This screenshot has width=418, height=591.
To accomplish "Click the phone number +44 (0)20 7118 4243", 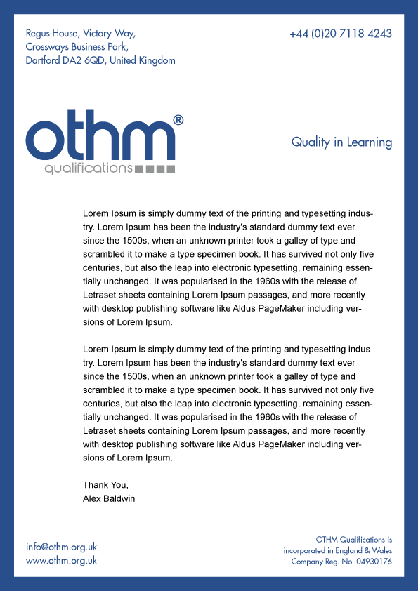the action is click(x=340, y=34).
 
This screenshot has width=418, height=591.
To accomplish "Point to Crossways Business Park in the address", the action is click(x=76, y=47).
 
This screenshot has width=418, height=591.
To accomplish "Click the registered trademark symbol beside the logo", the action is click(x=178, y=120).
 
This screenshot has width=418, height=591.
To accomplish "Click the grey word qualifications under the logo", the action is click(x=88, y=169).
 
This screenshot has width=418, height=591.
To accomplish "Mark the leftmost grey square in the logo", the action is click(x=139, y=169).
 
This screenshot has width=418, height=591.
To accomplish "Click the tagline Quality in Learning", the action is click(x=341, y=142).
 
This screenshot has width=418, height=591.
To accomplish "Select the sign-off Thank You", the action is click(x=105, y=485).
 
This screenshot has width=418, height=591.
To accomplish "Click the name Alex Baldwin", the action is click(x=109, y=498).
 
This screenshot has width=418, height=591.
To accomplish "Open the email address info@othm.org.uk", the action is click(x=61, y=547).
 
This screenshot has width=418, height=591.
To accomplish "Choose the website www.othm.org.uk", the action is click(x=61, y=561).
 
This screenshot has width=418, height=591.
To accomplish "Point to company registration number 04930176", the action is click(x=371, y=562).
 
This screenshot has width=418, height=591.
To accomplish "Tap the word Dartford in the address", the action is click(x=42, y=61).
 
